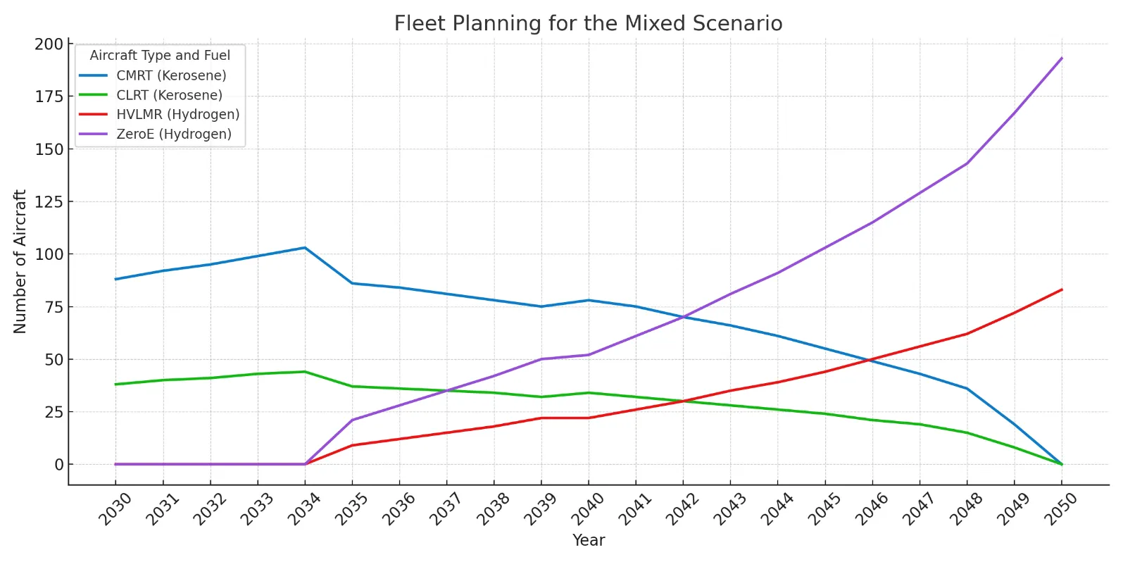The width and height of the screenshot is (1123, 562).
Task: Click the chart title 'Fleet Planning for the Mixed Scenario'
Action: click(588, 23)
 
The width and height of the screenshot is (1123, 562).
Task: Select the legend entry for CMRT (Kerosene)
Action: click(171, 75)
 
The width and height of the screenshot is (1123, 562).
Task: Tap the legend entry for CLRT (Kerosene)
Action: click(169, 95)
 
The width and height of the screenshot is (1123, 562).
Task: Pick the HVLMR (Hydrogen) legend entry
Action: click(177, 114)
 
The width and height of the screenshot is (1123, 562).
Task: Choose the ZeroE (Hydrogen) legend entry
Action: click(173, 134)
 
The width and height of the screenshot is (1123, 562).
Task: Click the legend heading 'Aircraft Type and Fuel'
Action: click(160, 56)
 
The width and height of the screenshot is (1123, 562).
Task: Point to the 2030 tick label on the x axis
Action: click(115, 508)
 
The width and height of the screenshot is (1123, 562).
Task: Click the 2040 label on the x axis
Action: click(588, 508)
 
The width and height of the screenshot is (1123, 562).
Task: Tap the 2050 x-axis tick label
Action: click(1061, 508)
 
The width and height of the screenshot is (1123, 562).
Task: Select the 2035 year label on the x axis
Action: click(351, 508)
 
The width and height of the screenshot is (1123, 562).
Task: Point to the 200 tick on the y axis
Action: click(49, 44)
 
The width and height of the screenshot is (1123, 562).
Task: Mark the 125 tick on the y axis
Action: click(49, 202)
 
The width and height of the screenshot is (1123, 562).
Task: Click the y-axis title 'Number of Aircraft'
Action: click(20, 261)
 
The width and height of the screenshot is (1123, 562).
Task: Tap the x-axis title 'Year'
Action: click(589, 540)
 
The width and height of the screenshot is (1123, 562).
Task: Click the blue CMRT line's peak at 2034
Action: click(305, 248)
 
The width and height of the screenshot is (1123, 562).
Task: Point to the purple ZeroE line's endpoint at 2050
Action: click(1062, 58)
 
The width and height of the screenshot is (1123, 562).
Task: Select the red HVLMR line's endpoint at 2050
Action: click(1062, 289)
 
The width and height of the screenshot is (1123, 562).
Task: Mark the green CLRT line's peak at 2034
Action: click(305, 372)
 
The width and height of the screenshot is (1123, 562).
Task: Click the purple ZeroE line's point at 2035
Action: click(352, 420)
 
